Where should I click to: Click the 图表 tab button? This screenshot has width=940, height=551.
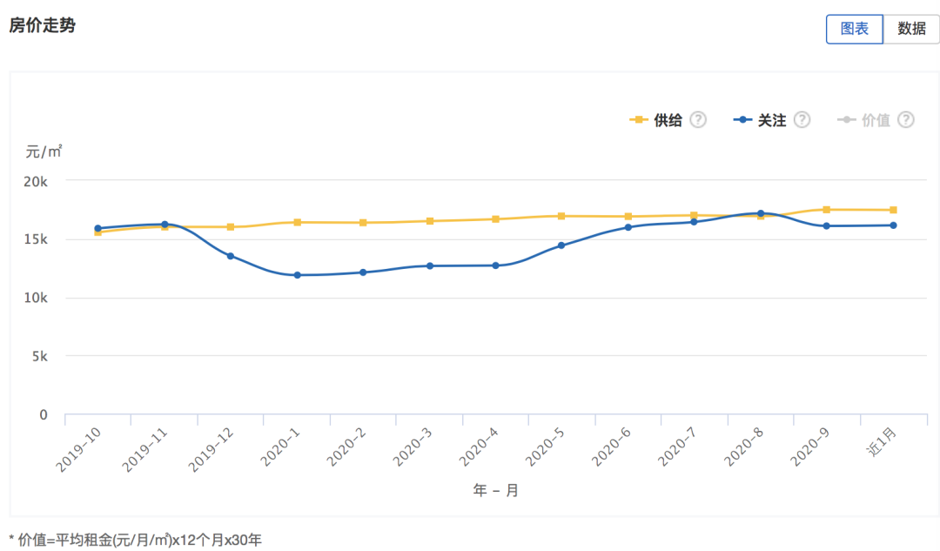click(x=854, y=29)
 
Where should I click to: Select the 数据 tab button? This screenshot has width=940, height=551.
click(x=911, y=29)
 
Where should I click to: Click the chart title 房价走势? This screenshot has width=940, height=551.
click(x=42, y=26)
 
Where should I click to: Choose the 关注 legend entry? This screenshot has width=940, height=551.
click(x=760, y=120)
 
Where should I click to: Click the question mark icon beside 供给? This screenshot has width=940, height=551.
click(x=698, y=120)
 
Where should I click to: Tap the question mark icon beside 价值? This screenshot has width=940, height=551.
click(x=906, y=120)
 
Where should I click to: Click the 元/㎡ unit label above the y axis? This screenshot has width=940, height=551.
click(x=44, y=151)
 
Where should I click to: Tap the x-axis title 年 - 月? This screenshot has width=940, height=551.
click(x=496, y=491)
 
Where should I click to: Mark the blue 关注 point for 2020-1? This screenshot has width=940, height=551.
click(x=297, y=275)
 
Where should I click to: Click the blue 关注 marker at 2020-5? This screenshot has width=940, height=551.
click(x=561, y=245)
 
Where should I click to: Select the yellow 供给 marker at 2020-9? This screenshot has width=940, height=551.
click(x=826, y=210)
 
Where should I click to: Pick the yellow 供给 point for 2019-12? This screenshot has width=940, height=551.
click(x=231, y=227)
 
